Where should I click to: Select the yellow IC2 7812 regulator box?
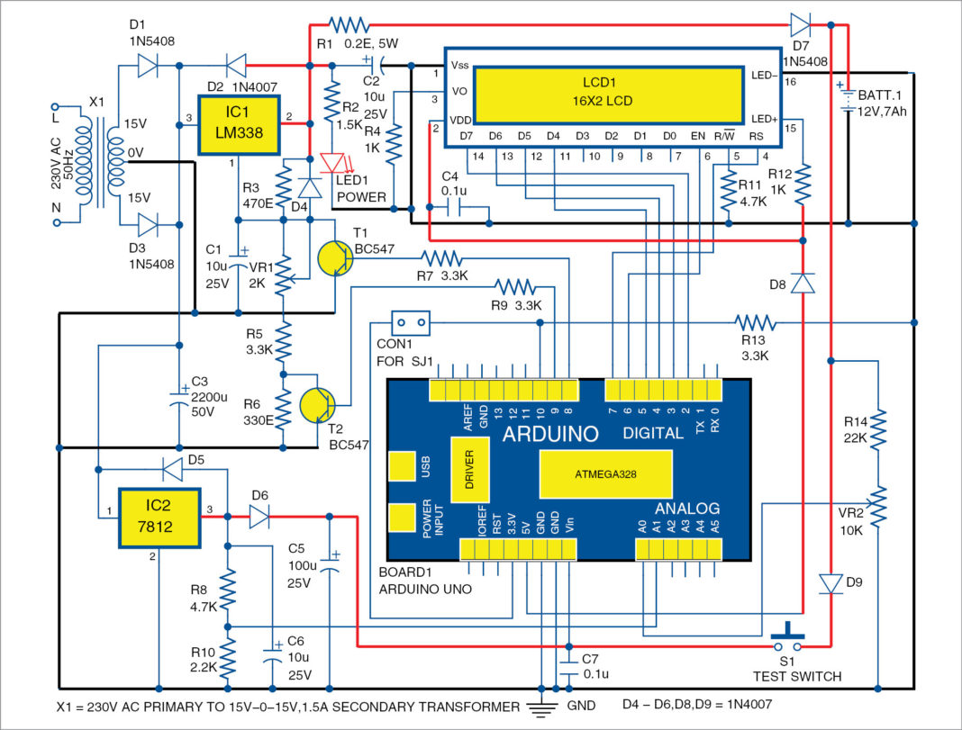coord(160,518)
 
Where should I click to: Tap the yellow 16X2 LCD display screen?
coord(609,94)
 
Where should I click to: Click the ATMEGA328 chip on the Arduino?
coord(605,473)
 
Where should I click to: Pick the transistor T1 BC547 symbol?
coord(336,257)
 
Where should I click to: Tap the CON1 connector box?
coord(409,322)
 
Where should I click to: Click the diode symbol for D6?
coord(259,516)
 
